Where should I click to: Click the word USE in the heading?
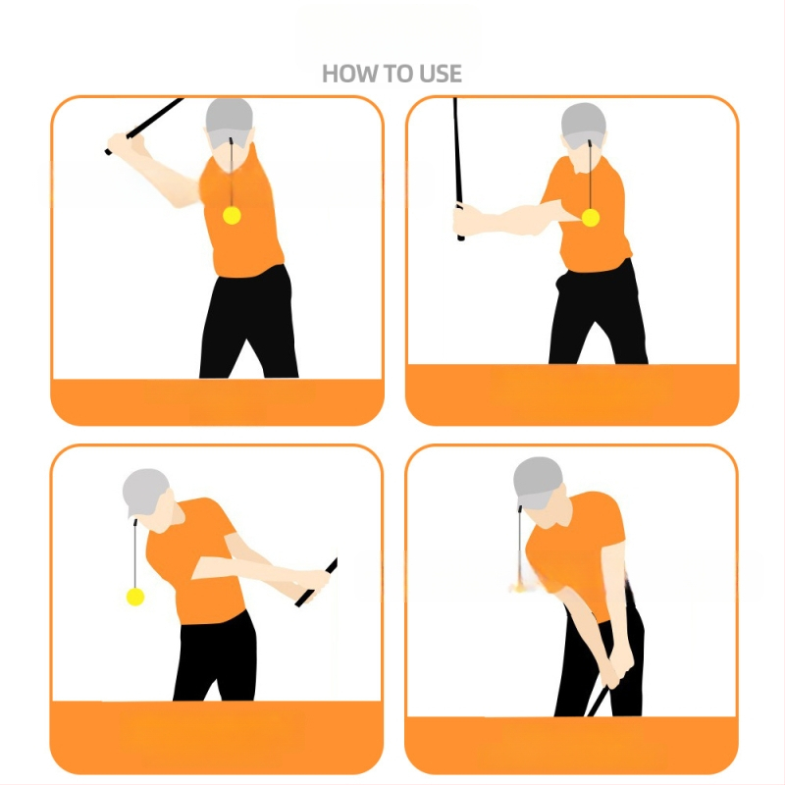click(x=441, y=74)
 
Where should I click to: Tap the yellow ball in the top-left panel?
click(x=232, y=215)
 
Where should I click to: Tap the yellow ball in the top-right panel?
click(x=591, y=218)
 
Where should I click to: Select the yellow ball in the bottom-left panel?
click(x=135, y=597)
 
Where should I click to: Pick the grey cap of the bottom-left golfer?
click(x=145, y=493)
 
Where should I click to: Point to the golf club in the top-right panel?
click(x=458, y=169)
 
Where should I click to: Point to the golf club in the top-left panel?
click(x=145, y=126)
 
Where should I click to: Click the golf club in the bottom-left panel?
click(x=316, y=582)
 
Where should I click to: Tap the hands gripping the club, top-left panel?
click(x=125, y=143)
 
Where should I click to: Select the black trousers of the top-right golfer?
click(x=598, y=314)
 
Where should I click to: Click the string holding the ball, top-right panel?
click(x=590, y=176)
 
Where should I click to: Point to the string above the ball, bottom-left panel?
click(x=135, y=554)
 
